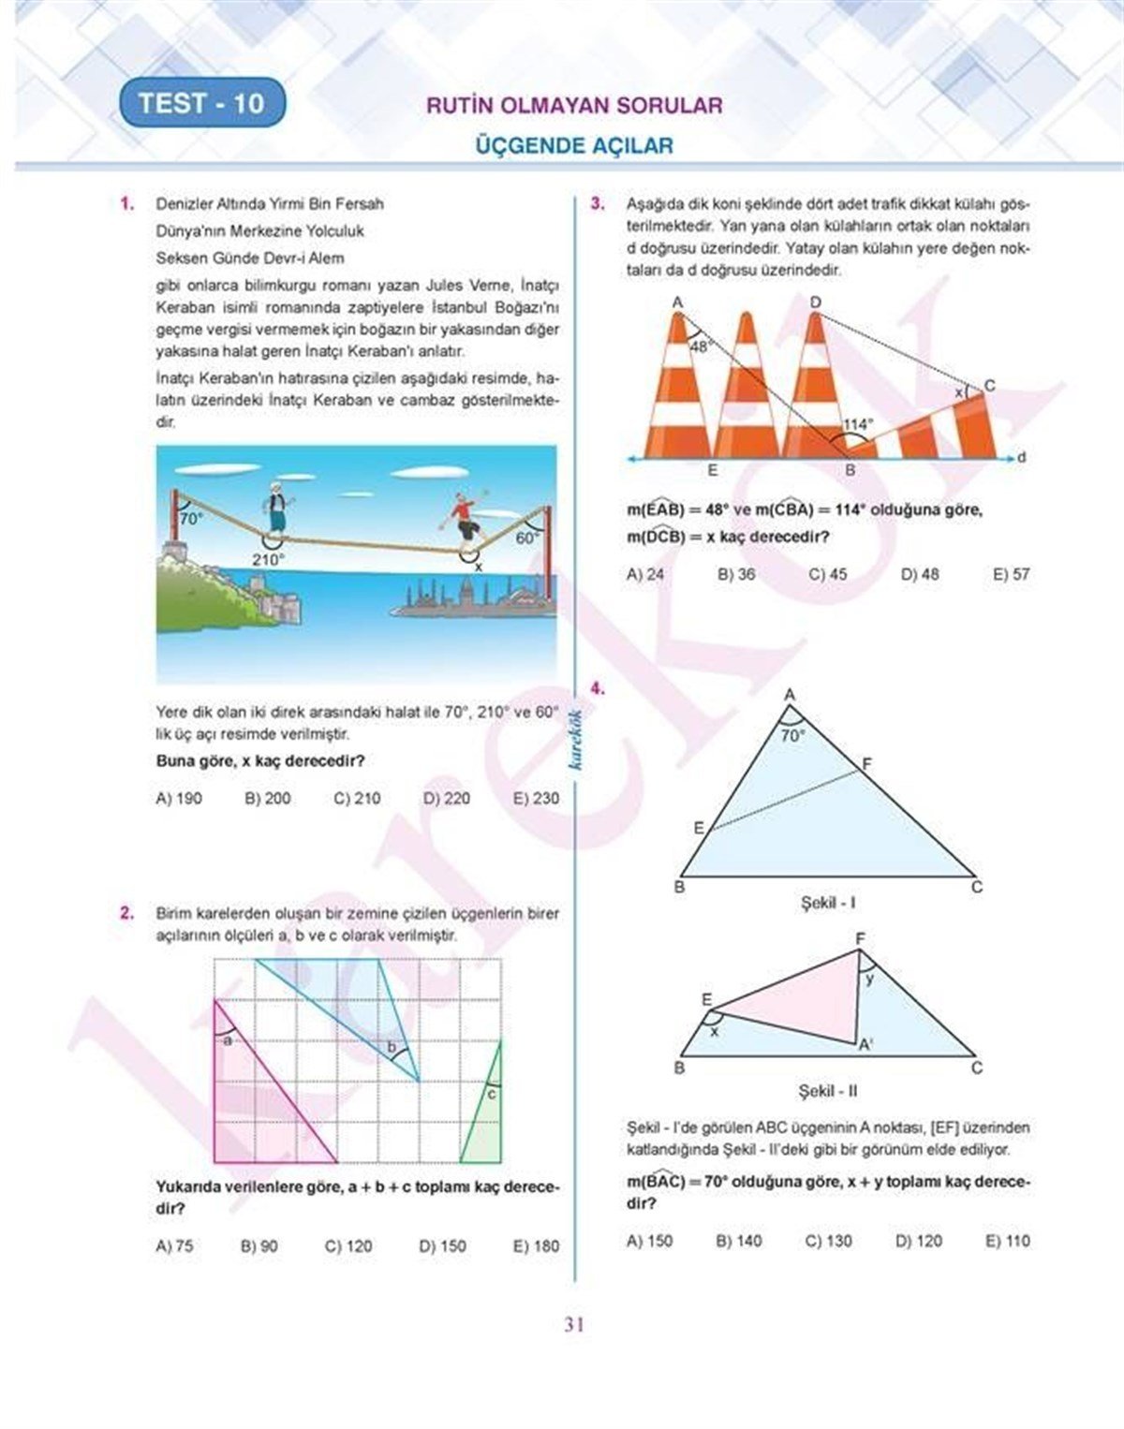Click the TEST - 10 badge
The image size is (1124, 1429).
201,103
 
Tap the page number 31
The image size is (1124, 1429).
574,1324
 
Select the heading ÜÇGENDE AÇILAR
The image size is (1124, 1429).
574,145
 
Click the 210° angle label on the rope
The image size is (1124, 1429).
267,559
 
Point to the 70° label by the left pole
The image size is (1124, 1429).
190,518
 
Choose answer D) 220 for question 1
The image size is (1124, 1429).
446,799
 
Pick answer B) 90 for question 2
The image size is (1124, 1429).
259,1246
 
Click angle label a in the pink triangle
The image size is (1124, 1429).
227,1039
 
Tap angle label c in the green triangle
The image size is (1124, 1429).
491,1094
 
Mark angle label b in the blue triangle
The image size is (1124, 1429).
392,1046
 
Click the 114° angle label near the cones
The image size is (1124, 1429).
856,424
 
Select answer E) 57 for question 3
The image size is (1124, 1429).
1011,574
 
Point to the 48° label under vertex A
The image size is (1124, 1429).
700,346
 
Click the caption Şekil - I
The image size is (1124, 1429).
828,904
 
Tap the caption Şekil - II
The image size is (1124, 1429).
828,1091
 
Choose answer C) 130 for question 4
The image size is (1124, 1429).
828,1241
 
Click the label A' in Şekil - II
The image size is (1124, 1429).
866,1046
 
